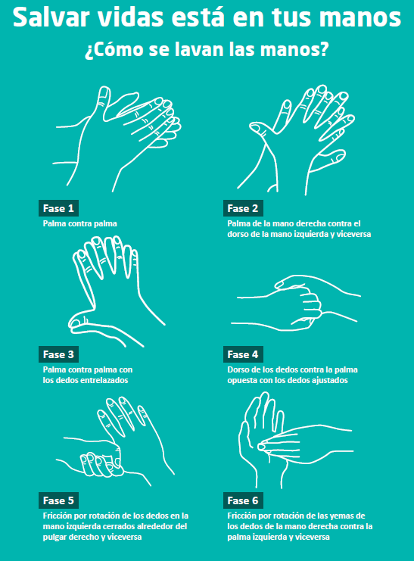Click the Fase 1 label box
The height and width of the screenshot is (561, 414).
pos(58,208)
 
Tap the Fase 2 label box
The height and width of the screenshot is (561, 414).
pos(243,208)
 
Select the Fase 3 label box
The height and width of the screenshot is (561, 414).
pos(58,354)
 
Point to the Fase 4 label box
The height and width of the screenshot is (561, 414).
pos(243,354)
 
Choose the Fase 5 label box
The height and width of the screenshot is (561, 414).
pos(58,500)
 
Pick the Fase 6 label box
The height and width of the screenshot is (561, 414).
pos(243,500)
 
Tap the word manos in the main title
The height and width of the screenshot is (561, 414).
pos(360,17)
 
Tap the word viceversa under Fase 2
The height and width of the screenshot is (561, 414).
pos(353,234)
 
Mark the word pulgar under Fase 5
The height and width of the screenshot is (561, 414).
pos(54,537)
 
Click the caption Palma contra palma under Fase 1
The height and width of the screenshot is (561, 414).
pos(79,223)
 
